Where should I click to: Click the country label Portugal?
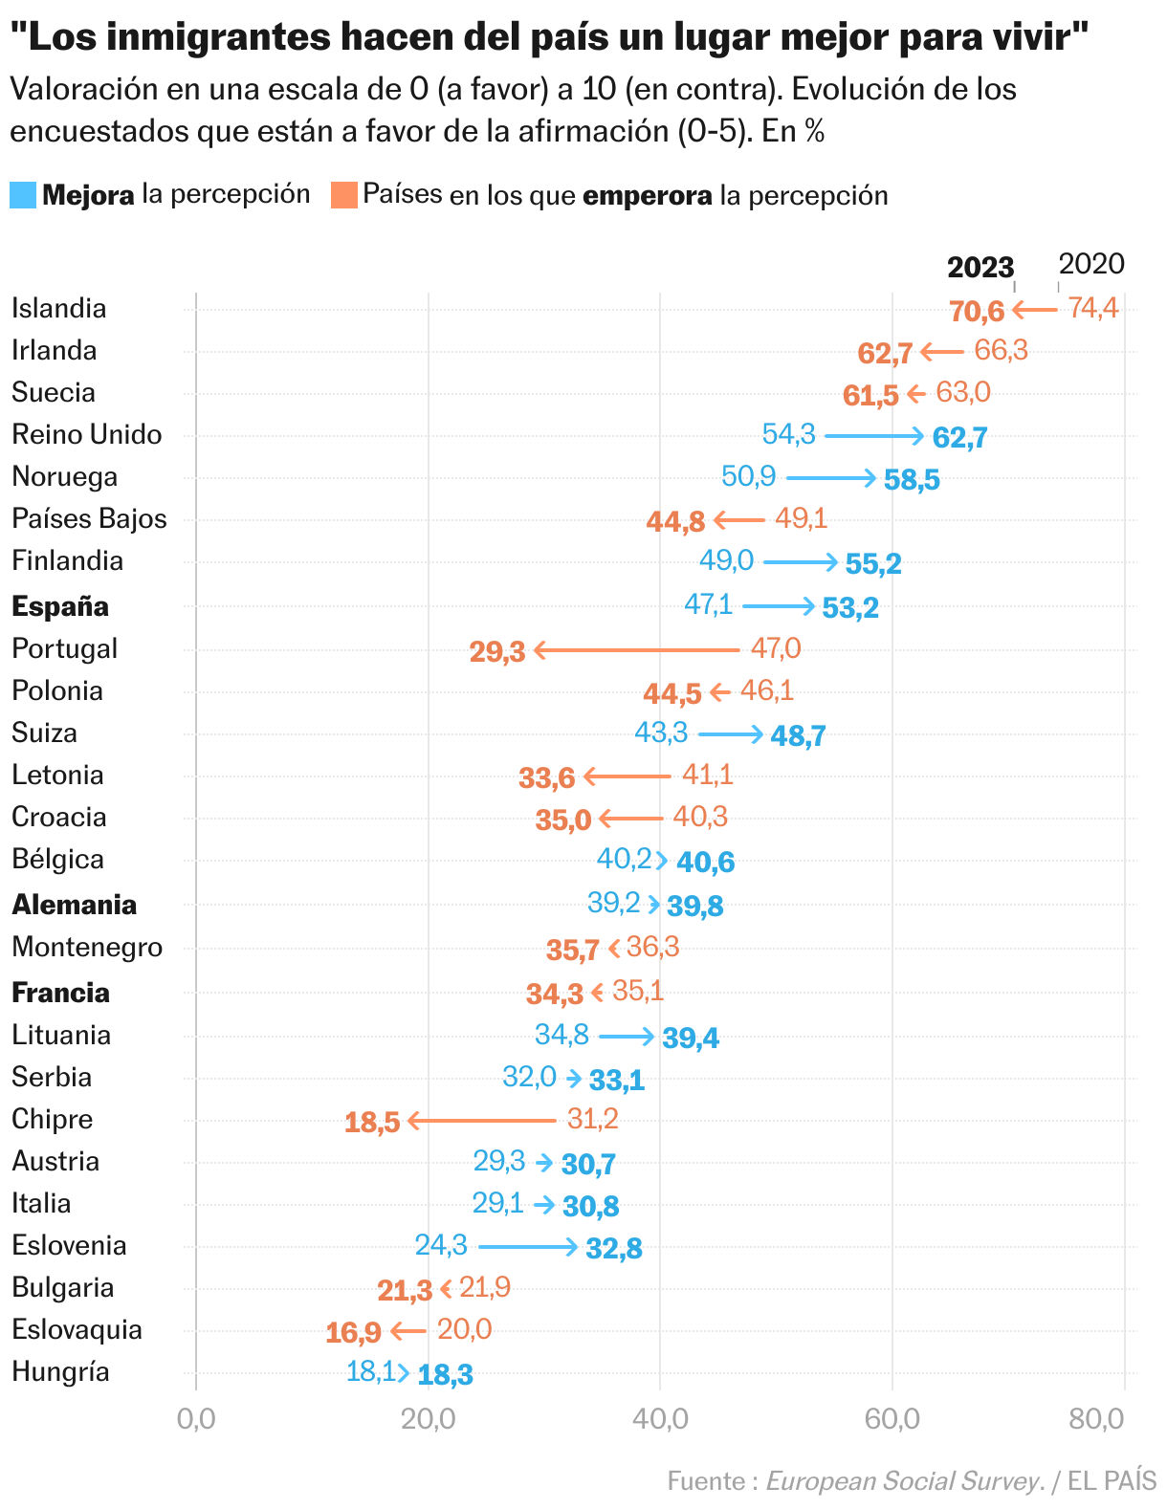(x=64, y=648)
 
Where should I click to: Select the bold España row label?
(x=60, y=606)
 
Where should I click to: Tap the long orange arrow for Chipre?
(x=481, y=1120)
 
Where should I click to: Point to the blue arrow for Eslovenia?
(x=528, y=1246)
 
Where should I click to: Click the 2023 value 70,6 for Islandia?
(x=977, y=311)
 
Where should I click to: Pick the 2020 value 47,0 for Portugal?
(x=776, y=648)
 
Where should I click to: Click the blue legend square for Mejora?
(x=23, y=195)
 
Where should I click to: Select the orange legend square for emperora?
(x=343, y=195)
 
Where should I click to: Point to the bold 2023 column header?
(x=980, y=267)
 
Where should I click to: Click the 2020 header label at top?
(x=1091, y=264)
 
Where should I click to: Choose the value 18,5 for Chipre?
(x=372, y=1122)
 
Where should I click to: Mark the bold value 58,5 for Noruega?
(x=912, y=479)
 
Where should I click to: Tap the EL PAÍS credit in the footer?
(x=1112, y=1481)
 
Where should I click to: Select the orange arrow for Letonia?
(x=628, y=776)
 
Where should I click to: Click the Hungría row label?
(x=60, y=1372)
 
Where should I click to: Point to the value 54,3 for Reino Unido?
(x=788, y=434)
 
